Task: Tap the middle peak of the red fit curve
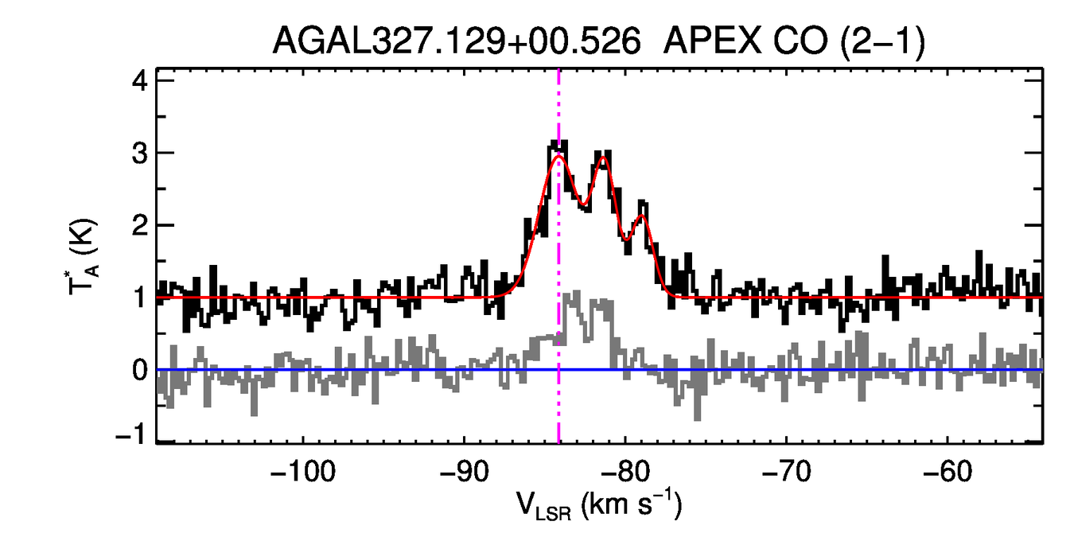(602, 158)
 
